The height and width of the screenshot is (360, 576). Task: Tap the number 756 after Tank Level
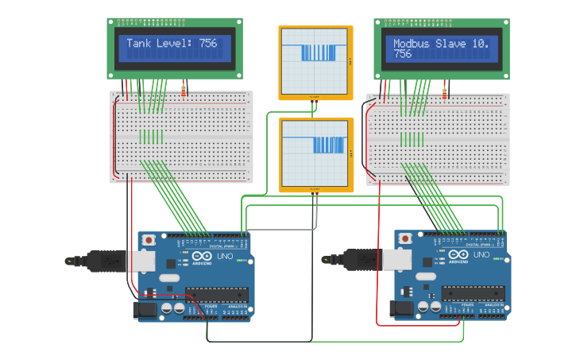[207, 44]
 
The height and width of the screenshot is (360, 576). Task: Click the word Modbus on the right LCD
[412, 44]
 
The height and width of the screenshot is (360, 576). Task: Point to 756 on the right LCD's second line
[403, 54]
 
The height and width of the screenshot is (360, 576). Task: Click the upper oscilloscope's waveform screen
[314, 60]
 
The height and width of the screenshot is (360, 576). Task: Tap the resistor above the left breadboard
[184, 91]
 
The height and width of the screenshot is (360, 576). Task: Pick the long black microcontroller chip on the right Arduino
[474, 293]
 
